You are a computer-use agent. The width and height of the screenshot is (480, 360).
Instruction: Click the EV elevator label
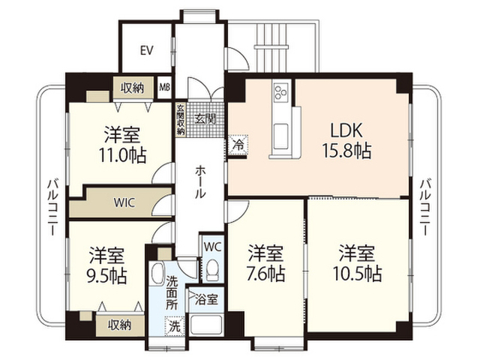tap(147, 50)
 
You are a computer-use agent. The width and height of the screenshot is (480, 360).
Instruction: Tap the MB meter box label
tap(165, 87)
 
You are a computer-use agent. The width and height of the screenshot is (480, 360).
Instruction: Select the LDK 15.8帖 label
tap(346, 140)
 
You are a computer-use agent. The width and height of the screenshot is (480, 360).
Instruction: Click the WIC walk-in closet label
tap(124, 202)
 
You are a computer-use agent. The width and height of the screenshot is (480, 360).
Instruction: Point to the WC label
tap(212, 247)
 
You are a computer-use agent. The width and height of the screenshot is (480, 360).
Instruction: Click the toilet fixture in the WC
tap(212, 270)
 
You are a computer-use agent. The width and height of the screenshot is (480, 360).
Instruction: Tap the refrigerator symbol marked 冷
tap(238, 145)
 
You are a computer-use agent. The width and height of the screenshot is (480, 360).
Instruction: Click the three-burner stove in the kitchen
tap(281, 91)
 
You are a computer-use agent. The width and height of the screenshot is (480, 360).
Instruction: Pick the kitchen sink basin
tap(280, 136)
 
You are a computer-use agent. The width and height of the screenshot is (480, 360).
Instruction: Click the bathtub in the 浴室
tap(205, 325)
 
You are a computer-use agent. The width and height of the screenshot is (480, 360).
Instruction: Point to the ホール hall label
tap(200, 181)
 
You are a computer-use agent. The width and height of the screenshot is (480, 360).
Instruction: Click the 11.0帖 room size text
tap(122, 155)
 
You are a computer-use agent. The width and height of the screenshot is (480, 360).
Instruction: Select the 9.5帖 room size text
tap(106, 276)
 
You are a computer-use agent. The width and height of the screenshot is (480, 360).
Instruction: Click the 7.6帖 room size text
tap(265, 274)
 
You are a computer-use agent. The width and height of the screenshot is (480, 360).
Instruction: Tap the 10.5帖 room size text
tap(357, 274)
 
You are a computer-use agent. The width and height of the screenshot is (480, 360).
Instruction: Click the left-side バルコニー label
tap(52, 208)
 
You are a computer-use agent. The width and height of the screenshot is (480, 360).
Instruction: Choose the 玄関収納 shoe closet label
tap(181, 120)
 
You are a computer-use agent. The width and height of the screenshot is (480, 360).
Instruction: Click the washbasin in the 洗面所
tap(157, 274)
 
